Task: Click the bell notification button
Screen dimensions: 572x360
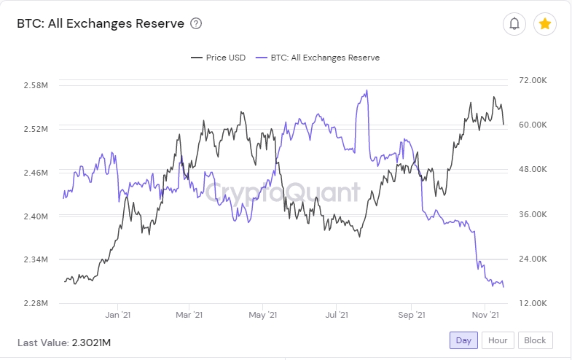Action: [514, 24]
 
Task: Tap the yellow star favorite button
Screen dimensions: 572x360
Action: [545, 24]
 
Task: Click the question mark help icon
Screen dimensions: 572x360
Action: [196, 24]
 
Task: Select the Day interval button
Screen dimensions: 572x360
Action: [463, 340]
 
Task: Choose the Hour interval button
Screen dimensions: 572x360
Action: [498, 340]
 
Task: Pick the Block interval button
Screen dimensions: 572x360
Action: [535, 340]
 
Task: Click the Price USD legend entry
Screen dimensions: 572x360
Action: [219, 58]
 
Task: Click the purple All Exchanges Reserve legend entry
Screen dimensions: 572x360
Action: [318, 58]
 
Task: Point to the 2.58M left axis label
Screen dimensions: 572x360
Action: [36, 85]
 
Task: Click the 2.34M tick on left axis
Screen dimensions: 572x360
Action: [36, 259]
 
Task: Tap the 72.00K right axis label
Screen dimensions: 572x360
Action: [533, 80]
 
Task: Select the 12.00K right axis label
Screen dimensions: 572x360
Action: [533, 303]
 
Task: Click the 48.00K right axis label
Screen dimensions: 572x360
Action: [533, 169]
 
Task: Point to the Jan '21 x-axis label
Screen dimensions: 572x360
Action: [117, 315]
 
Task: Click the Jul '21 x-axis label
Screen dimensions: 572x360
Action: [336, 315]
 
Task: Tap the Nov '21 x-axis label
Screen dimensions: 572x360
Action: [485, 315]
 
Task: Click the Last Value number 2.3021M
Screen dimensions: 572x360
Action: [91, 343]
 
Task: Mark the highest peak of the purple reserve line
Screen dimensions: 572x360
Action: [367, 90]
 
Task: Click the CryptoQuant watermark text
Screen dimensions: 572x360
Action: [283, 192]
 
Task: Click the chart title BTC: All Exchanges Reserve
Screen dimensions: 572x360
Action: [101, 24]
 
